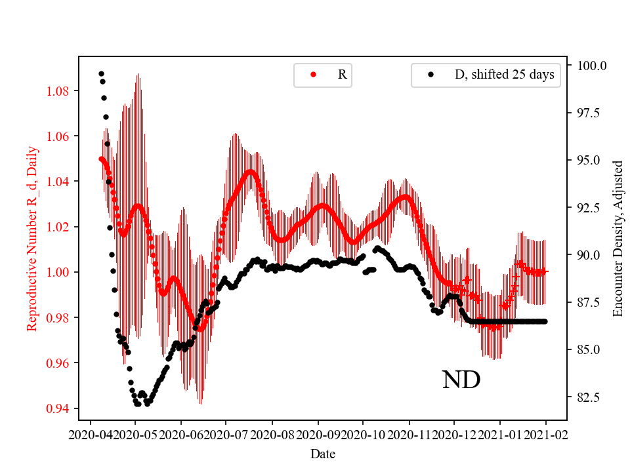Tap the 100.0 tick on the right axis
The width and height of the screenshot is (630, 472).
tap(591, 66)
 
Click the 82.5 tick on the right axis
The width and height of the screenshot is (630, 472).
tap(589, 397)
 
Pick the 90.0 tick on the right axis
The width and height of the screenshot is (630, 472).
tap(589, 255)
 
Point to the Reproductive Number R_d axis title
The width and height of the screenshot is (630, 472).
tap(32, 239)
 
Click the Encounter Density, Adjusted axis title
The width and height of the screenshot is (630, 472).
tap(617, 239)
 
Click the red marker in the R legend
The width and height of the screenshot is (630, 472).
tap(313, 75)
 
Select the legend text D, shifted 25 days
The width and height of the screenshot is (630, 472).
tap(504, 75)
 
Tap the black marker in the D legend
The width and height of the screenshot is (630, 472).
tap(430, 75)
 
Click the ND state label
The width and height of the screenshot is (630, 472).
tap(461, 380)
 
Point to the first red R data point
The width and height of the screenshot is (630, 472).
tap(101, 159)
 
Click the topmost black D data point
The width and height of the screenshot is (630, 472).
tap(101, 73)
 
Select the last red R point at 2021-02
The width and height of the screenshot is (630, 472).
tap(545, 271)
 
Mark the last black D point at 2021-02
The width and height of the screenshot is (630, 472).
tap(545, 321)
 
